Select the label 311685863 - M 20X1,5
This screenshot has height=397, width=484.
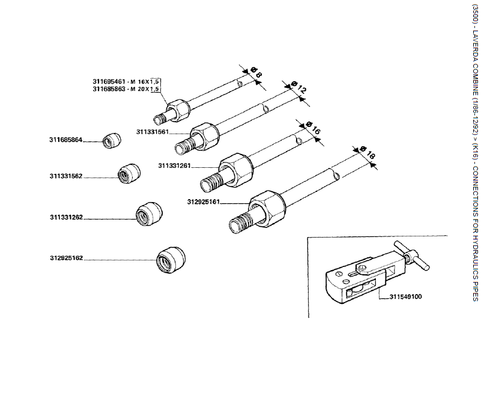pos(126,89)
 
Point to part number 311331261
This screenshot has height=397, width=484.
pos(174,165)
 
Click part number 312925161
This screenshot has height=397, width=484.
pos(204,202)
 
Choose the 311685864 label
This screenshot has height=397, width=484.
pos(65,140)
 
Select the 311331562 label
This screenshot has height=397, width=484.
pos(66,176)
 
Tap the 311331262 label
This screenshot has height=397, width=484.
pos(66,217)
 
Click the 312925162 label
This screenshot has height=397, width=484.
pos(66,258)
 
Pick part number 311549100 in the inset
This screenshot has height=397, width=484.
pos(405,297)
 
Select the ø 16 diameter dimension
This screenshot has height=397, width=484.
pos(312,129)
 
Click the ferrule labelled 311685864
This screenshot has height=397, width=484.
pos(110,140)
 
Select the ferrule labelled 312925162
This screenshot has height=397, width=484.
pos(171,260)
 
